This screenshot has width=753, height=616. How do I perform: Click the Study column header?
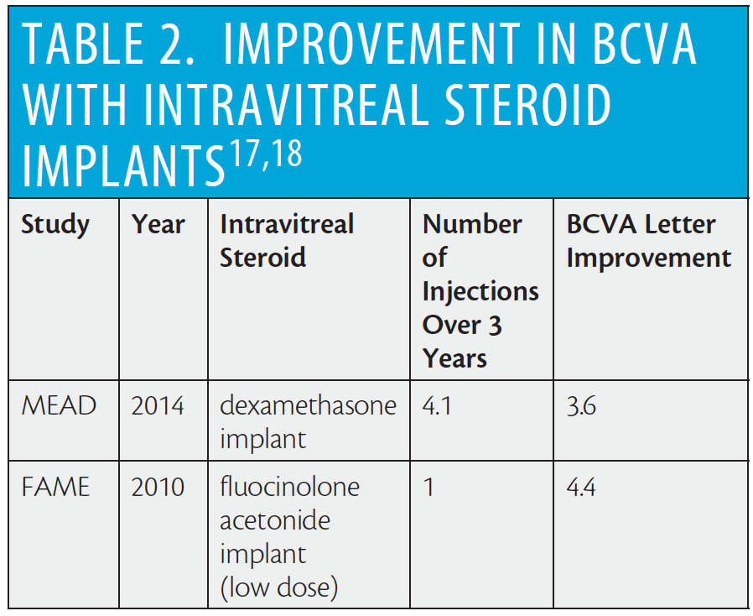55,225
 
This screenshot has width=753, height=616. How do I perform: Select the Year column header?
158,225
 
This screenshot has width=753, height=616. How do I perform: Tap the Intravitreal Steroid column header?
287,240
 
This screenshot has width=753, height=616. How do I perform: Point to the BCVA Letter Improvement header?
649,241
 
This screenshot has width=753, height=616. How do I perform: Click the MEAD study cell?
59,405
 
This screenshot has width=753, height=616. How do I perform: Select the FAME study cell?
55,487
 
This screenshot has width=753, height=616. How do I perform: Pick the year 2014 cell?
158,405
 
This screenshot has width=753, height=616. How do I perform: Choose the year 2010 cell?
158,487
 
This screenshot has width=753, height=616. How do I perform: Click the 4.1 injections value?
437,405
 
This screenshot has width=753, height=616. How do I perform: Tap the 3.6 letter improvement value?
581,405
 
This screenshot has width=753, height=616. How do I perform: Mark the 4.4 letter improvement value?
581,487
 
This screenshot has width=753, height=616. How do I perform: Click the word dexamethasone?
309,405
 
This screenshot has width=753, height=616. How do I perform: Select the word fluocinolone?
289,487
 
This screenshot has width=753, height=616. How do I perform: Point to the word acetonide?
275,520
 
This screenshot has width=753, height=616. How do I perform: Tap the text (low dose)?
279,587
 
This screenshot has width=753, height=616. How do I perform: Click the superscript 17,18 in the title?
266,154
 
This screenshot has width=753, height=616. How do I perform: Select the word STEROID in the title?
527,104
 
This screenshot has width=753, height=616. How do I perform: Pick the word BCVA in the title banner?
645,44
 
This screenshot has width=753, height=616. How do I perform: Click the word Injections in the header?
480,292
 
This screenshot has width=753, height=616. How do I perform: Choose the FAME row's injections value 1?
428,487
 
